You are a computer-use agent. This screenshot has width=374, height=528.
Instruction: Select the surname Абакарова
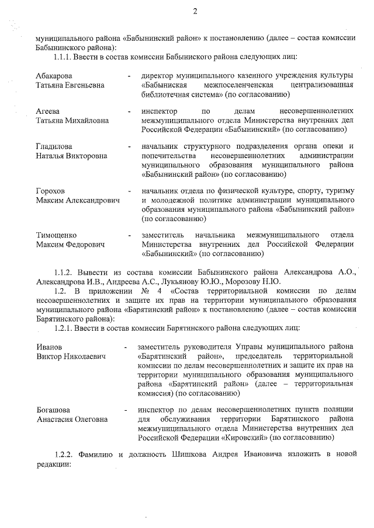click(56, 76)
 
